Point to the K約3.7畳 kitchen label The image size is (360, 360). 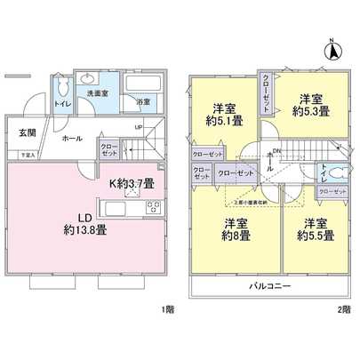[x=132, y=185]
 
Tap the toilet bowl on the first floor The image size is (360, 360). [x=62, y=91]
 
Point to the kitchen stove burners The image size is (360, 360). [x=152, y=210]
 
